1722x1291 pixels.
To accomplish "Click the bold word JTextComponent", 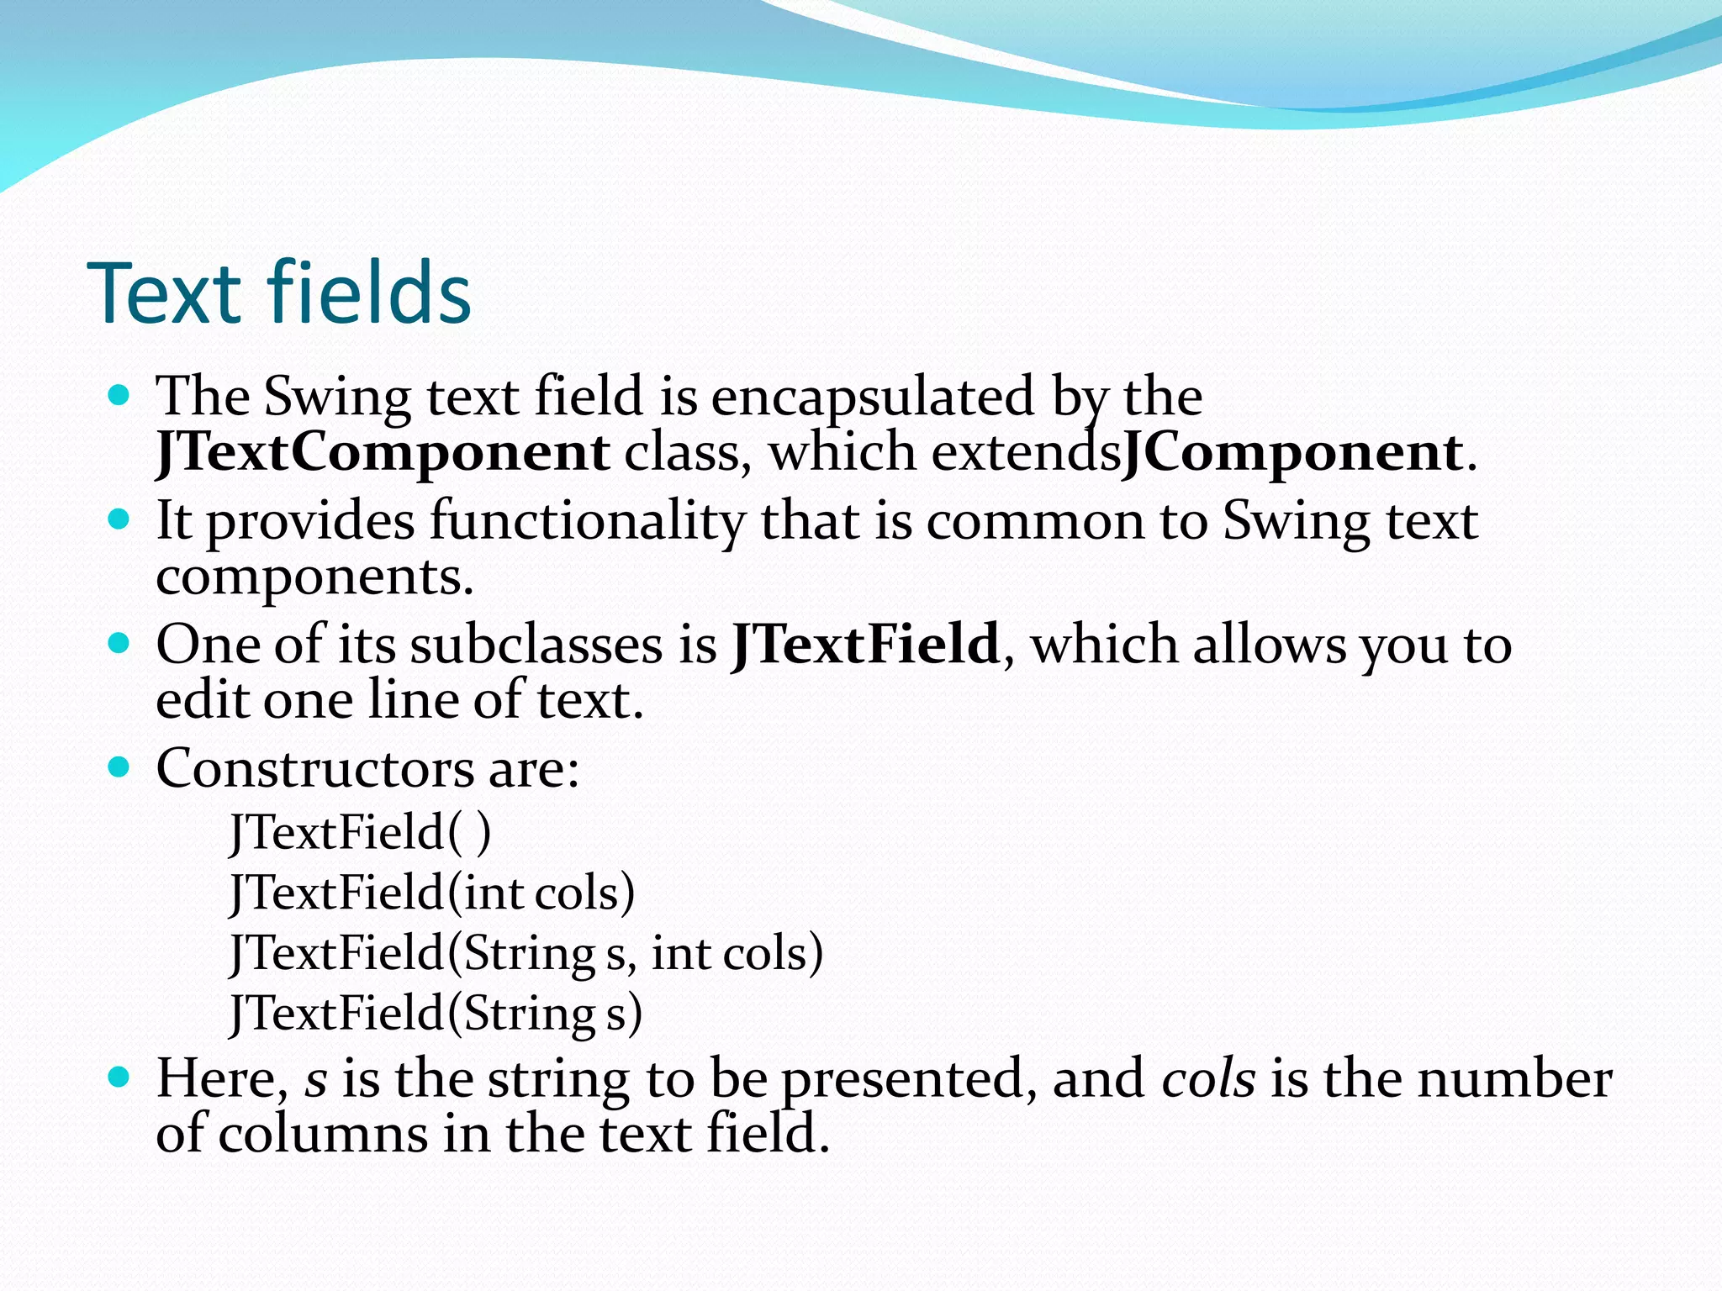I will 383,452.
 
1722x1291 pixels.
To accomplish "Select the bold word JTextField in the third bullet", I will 865,645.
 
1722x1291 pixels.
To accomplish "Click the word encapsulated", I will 872,396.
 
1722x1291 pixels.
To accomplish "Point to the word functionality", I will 587,520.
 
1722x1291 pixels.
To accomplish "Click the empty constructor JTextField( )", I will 360,832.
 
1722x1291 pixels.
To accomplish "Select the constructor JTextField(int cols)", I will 432,892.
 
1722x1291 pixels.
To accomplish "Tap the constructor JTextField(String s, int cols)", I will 526,952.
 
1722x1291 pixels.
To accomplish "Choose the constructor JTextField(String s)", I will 436,1013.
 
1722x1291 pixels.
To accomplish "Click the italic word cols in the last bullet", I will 1208,1078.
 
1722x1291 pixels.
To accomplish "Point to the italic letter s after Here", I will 315,1080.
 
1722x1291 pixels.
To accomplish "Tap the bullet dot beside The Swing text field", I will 119,394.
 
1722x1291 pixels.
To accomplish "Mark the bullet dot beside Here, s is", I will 119,1077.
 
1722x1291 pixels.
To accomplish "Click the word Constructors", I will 315,768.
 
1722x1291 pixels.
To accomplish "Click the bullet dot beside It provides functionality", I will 119,519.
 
